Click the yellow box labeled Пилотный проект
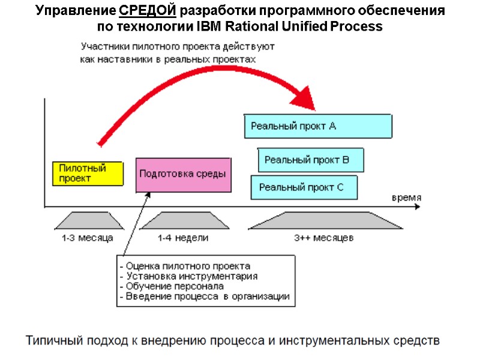pyautogui.click(x=88, y=173)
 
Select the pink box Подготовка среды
pyautogui.click(x=183, y=175)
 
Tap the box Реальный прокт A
pyautogui.click(x=318, y=127)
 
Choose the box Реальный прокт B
pyautogui.click(x=311, y=160)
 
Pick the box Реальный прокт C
pyautogui.click(x=304, y=188)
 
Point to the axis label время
pyautogui.click(x=406, y=197)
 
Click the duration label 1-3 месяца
pyautogui.click(x=87, y=238)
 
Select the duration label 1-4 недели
pyautogui.click(x=183, y=238)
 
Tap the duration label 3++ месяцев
pyautogui.click(x=324, y=238)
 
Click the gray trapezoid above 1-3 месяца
pyautogui.click(x=87, y=220)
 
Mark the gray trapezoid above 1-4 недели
pyautogui.click(x=183, y=220)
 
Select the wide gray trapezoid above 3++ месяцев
pyautogui.click(x=324, y=220)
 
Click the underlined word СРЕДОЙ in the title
pyautogui.click(x=147, y=11)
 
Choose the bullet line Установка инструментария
pyautogui.click(x=190, y=276)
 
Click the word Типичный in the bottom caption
pyautogui.click(x=52, y=341)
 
